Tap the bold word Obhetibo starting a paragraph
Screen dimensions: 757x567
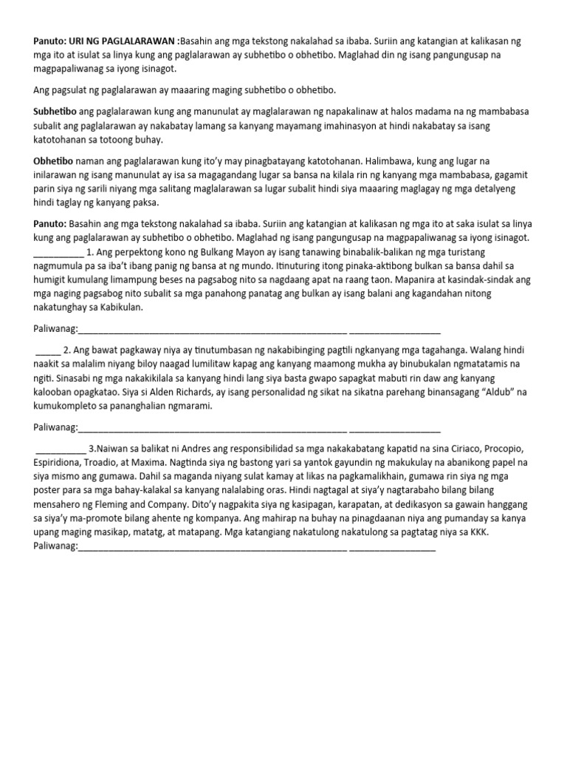[x=53, y=160]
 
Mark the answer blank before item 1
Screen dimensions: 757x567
[x=58, y=251]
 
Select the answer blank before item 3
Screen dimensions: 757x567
[x=60, y=449]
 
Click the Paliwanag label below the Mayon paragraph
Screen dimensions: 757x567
[x=55, y=329]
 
